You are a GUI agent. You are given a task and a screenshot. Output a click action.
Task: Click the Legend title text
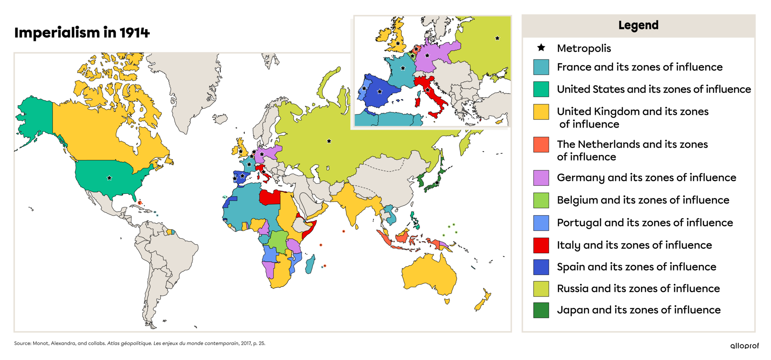(x=638, y=25)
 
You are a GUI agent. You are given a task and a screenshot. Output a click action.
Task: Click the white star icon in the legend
(x=541, y=47)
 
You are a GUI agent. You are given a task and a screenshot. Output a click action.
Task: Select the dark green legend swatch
(x=541, y=310)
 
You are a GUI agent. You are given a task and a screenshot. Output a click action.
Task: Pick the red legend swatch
(x=541, y=245)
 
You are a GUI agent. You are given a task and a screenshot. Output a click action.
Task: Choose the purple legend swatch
(x=541, y=178)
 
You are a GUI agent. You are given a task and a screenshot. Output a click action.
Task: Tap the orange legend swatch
(x=541, y=144)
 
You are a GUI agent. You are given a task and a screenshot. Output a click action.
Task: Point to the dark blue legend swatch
(x=541, y=267)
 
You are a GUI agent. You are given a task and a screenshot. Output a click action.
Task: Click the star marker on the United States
(x=109, y=178)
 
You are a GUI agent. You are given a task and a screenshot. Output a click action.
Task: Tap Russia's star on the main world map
(x=329, y=141)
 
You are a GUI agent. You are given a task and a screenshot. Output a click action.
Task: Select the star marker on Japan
(x=436, y=182)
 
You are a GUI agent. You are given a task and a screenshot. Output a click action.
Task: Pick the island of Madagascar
(x=310, y=265)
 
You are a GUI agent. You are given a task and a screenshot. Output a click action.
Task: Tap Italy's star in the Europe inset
(x=428, y=90)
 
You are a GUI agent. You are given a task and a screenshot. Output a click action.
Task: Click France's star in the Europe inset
(x=403, y=68)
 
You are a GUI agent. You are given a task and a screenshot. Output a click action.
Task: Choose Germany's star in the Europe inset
(x=427, y=55)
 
